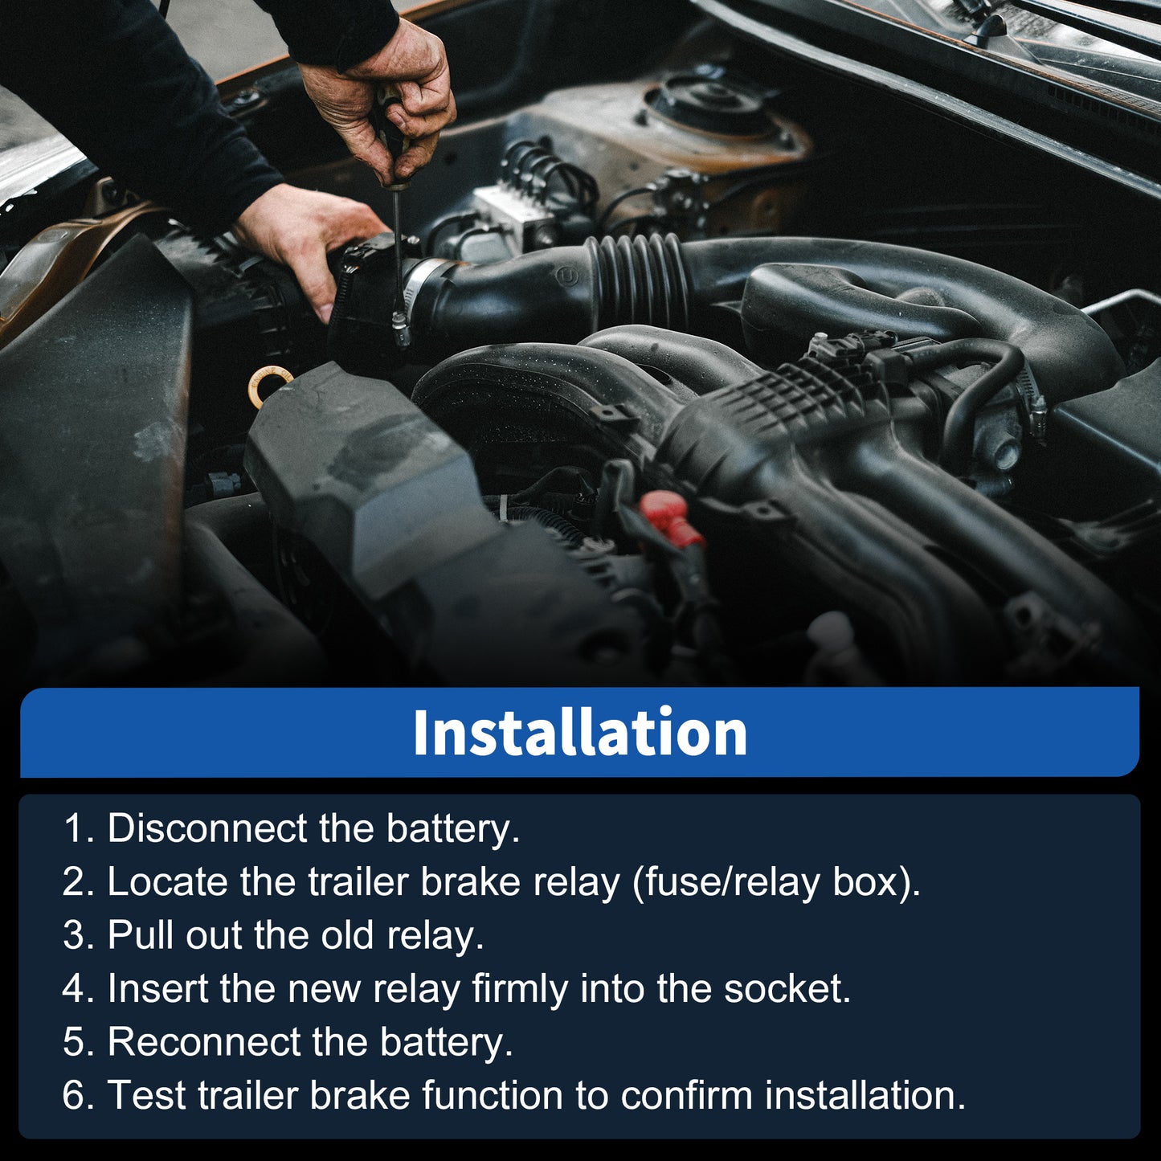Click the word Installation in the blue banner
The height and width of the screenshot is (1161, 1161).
point(579,732)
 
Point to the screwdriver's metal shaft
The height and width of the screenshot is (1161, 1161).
point(399,253)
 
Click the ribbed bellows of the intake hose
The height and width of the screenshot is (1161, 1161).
point(639,278)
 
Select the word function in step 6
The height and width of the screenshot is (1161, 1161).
point(493,1094)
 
